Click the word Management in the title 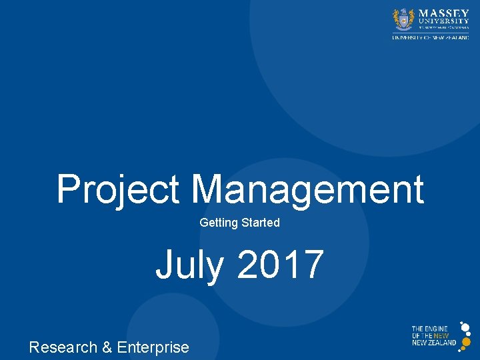[307, 189]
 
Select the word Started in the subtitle [260, 223]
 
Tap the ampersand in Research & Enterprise [107, 347]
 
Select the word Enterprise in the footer [153, 347]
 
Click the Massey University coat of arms [403, 19]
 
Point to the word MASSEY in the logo [443, 13]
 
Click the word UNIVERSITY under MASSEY [443, 21]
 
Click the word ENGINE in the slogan [437, 329]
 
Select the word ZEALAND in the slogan [444, 343]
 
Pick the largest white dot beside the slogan [465, 328]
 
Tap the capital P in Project [68, 189]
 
